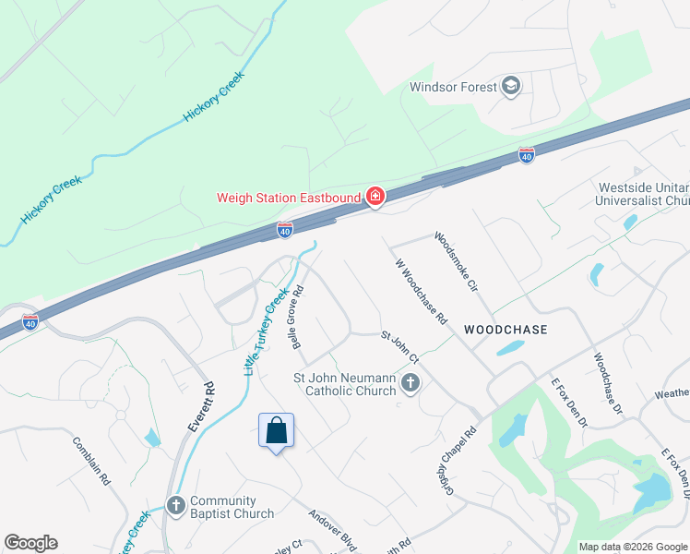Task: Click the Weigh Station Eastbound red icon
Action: coord(375,196)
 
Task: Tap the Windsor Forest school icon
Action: coord(511,88)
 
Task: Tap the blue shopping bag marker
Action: coord(276,430)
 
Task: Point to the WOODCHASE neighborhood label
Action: coord(506,330)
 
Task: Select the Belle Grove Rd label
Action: coord(299,316)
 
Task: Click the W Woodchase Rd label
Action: coord(421,292)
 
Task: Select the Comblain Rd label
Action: coord(91,461)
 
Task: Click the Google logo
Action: coord(30,543)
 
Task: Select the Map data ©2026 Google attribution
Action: coord(632,547)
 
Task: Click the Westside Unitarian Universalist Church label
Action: coord(644,194)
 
